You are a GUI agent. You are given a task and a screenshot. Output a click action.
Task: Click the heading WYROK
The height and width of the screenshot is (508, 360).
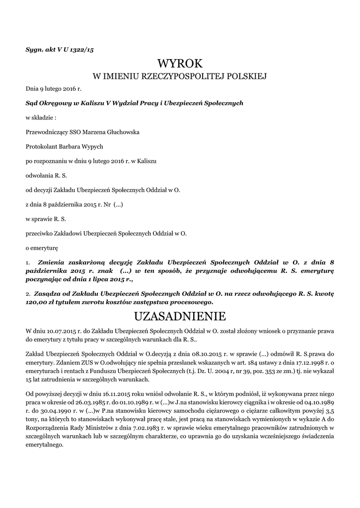point(180,63)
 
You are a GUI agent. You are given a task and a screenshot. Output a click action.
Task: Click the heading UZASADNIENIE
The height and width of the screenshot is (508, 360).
point(180,316)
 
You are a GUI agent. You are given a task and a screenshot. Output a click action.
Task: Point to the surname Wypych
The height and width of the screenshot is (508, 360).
point(90,147)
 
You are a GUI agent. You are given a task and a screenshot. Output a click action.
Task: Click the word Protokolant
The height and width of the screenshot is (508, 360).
point(41,147)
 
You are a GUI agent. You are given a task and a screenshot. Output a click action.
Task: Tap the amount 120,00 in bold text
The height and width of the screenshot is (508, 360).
point(37,302)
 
